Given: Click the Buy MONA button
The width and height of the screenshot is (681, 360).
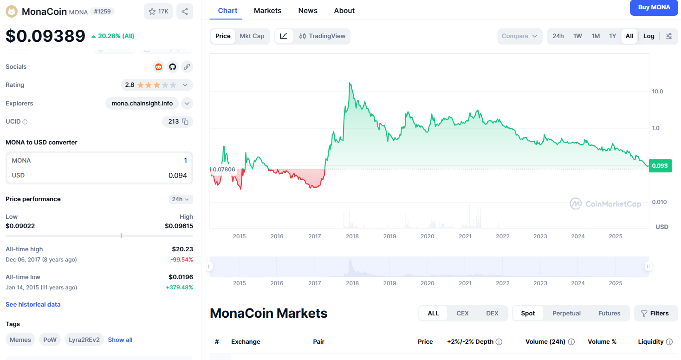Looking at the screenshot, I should (654, 7).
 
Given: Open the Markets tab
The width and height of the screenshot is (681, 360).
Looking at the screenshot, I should (267, 10).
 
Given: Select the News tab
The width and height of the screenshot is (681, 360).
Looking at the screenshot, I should (308, 10).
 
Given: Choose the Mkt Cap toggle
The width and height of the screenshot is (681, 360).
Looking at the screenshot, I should (252, 36).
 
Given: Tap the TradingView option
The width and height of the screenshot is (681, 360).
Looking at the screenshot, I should (322, 36).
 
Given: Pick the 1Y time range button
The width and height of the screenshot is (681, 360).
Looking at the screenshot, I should (613, 36).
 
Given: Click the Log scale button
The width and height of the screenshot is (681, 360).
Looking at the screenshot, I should (649, 36).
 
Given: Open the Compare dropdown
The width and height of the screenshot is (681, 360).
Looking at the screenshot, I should (519, 36).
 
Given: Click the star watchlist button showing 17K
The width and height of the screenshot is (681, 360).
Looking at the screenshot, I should (158, 12).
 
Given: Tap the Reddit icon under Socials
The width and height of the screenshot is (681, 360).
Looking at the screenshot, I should (159, 67).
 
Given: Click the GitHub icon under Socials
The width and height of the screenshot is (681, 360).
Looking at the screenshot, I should (173, 67).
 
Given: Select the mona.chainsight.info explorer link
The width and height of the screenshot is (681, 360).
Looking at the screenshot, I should (142, 104).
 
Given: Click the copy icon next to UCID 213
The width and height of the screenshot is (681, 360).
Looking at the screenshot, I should (185, 122).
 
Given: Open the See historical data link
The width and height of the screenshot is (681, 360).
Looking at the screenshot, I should (33, 305).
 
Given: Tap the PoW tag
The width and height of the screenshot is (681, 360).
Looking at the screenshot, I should (50, 340).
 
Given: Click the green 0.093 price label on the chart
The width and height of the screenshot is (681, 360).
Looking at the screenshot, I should (660, 166).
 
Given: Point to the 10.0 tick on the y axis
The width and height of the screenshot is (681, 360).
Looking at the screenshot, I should (657, 92).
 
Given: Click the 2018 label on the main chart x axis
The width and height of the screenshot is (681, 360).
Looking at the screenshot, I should (352, 236).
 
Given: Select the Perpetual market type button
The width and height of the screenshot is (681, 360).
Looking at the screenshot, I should (566, 314).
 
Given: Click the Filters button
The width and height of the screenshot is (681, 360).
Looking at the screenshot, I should (655, 314).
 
